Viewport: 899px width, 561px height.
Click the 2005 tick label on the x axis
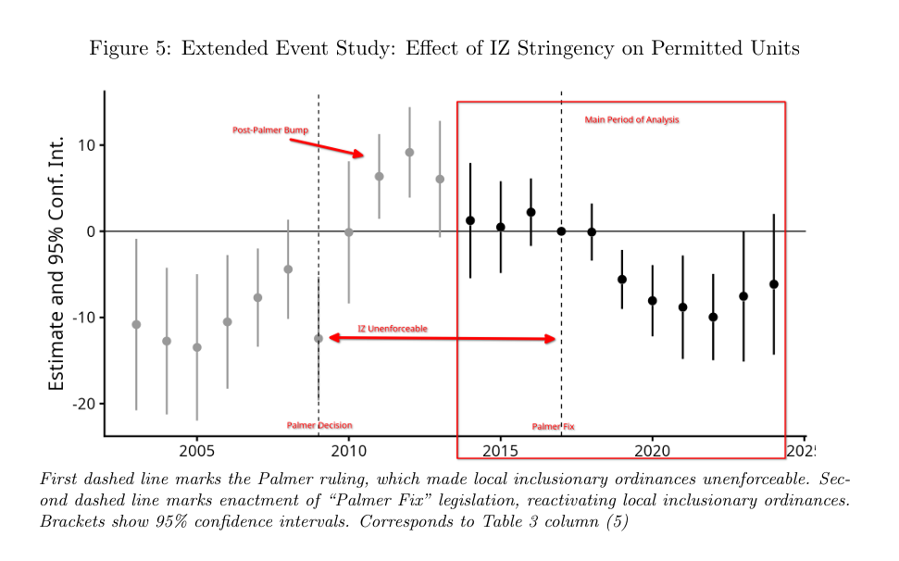coord(196,451)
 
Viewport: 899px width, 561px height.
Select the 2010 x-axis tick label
coord(349,451)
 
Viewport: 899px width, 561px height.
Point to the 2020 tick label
coord(652,451)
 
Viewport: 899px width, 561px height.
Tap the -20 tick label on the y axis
coord(83,404)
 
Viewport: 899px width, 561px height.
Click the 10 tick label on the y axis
coord(87,145)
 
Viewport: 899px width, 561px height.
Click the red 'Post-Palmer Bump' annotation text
coord(270,131)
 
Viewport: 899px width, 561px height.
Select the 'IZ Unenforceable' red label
coord(393,329)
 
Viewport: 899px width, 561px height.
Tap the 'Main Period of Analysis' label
coord(631,119)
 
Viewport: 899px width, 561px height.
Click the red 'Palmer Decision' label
coord(319,425)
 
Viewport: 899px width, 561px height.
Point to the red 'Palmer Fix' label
coord(553,427)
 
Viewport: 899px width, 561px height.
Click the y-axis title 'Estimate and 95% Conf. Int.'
coord(56,264)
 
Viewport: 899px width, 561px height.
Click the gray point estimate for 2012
coord(409,153)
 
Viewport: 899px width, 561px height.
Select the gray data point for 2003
coord(136,325)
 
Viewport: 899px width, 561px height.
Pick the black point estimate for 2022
coord(713,317)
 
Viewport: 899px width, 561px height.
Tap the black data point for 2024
coord(774,284)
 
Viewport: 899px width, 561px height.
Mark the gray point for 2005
coord(197,347)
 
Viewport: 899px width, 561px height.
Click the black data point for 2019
coord(622,280)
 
